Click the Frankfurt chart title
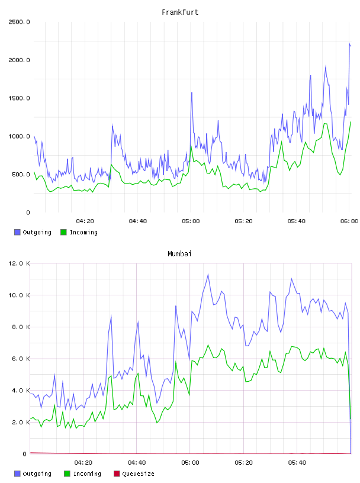pyautogui.click(x=180, y=12)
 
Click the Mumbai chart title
pyautogui.click(x=179, y=254)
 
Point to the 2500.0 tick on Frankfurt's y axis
pyautogui.click(x=19, y=22)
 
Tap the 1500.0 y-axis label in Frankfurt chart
pyautogui.click(x=19, y=98)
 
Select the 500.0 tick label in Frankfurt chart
pyautogui.click(x=21, y=175)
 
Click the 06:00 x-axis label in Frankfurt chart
pyautogui.click(x=349, y=221)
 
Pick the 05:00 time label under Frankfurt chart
pyautogui.click(x=191, y=221)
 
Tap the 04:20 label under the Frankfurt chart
pyautogui.click(x=85, y=221)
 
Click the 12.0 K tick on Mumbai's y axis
pyautogui.click(x=19, y=263)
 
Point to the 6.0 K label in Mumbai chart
pyautogui.click(x=21, y=359)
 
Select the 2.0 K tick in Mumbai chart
pyautogui.click(x=21, y=422)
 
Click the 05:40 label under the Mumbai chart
pyautogui.click(x=297, y=463)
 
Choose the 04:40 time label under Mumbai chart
pyautogui.click(x=137, y=463)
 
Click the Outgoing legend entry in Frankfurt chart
pyautogui.click(x=33, y=232)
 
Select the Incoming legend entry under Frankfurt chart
pyautogui.click(x=79, y=232)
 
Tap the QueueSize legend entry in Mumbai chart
pyautogui.click(x=134, y=474)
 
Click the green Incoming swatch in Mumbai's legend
pyautogui.click(x=67, y=474)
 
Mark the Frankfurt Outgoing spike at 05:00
pyautogui.click(x=192, y=93)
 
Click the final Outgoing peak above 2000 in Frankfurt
pyautogui.click(x=349, y=43)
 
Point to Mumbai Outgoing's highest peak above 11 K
pyautogui.click(x=208, y=274)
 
